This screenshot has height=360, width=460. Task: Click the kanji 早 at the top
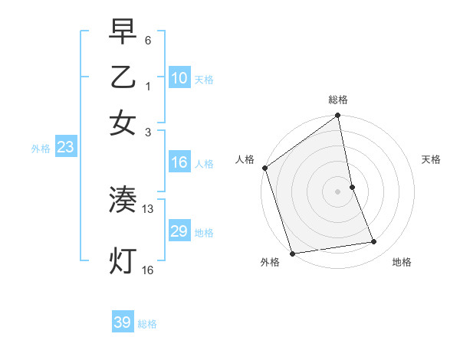tap(123, 31)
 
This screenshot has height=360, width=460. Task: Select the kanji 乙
tap(123, 77)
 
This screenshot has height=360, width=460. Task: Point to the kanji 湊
tap(123, 201)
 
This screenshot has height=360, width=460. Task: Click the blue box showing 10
tap(179, 78)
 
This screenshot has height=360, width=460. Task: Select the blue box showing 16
tap(179, 162)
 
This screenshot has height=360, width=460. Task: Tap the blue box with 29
tap(179, 231)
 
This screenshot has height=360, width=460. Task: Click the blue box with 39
tap(122, 322)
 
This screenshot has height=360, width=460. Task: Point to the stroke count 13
tap(148, 209)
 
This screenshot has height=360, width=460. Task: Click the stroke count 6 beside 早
tap(147, 40)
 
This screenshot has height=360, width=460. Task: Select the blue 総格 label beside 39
tap(147, 324)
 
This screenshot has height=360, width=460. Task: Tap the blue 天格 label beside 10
tap(204, 80)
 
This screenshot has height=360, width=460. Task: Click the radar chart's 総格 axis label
tap(338, 100)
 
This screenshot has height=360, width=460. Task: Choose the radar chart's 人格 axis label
tap(245, 159)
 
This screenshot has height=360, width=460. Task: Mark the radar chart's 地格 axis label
tap(402, 262)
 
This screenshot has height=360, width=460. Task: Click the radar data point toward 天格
tap(352, 187)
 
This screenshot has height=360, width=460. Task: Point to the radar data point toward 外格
tap(292, 254)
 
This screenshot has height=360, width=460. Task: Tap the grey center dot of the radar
tap(338, 191)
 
